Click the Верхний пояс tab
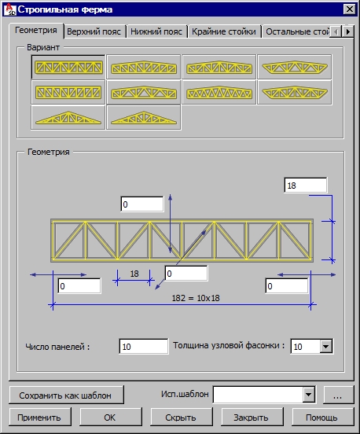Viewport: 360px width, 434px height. [94, 31]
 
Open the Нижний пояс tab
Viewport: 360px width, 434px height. [156, 31]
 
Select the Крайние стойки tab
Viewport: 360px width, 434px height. [224, 31]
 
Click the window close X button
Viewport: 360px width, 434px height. [350, 9]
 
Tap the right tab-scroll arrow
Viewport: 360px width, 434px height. [348, 31]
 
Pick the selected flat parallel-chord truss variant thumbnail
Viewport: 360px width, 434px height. [68, 68]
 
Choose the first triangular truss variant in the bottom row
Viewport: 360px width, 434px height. [68, 117]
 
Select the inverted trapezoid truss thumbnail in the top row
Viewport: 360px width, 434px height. [295, 67]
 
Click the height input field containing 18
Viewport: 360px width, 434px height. [305, 186]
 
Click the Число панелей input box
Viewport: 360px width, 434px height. [143, 346]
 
